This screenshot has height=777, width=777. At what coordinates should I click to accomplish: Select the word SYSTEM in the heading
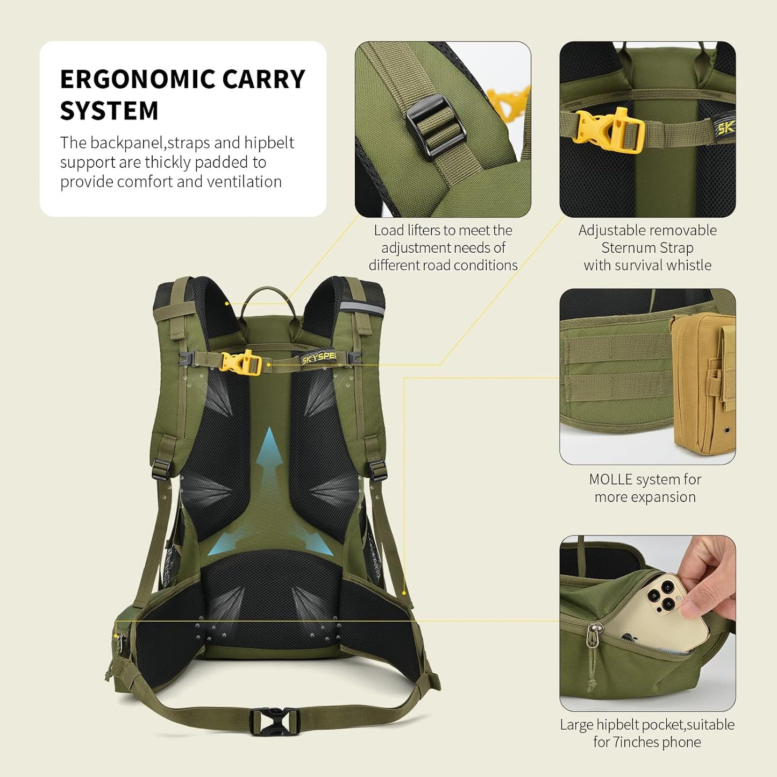coord(109,111)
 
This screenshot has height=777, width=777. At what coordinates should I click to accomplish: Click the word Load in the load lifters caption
coord(389,230)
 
